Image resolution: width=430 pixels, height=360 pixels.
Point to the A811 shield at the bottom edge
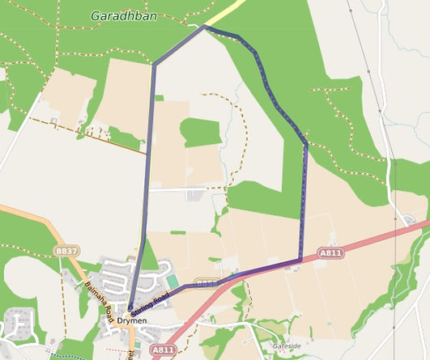[163, 349]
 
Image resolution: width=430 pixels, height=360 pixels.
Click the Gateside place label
[287, 345]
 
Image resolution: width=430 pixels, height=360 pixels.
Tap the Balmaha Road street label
[96, 295]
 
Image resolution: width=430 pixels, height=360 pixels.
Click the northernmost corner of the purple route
[203, 27]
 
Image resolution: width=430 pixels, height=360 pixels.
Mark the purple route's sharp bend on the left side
[153, 64]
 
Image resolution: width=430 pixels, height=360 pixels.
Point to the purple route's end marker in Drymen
[130, 307]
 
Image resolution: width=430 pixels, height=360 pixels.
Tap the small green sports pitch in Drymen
[172, 281]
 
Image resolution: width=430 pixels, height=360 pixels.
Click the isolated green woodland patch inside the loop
[200, 132]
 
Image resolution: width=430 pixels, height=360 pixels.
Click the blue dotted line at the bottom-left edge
[65, 355]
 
